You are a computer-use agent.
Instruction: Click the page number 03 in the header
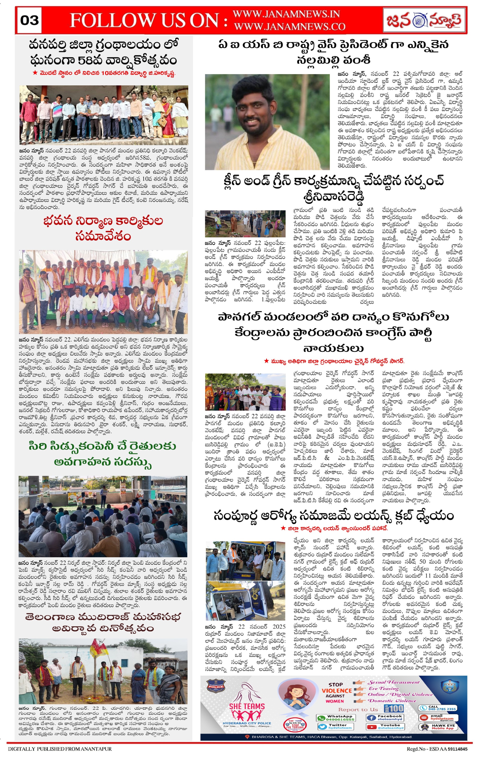tap(29, 20)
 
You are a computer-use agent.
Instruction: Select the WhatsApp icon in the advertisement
tap(321, 718)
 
